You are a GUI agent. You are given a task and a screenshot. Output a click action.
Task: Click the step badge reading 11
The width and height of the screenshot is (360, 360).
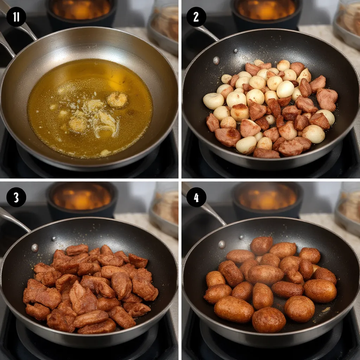pyautogui.click(x=16, y=17)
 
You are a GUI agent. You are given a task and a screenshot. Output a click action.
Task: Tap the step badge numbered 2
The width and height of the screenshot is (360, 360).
pyautogui.click(x=196, y=17)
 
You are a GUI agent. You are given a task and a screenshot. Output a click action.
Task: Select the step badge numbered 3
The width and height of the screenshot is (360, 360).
pyautogui.click(x=16, y=197)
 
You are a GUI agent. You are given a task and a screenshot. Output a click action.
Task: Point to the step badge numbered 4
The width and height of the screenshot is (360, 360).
pyautogui.click(x=196, y=197)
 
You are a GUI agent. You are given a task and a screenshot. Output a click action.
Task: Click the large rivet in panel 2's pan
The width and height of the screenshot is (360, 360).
pyautogui.click(x=216, y=60)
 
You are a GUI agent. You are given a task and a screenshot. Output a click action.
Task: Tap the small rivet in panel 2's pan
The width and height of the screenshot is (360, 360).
pyautogui.click(x=235, y=51)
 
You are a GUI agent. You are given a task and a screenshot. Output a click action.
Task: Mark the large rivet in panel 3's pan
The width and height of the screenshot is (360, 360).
pyautogui.click(x=35, y=248)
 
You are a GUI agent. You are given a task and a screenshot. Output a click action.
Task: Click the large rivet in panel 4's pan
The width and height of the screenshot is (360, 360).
pyautogui.click(x=222, y=245)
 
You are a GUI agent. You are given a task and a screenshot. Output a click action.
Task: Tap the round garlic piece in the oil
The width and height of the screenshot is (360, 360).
pyautogui.click(x=117, y=99)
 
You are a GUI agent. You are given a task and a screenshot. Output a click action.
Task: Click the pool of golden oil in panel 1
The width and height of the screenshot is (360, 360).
pyautogui.click(x=90, y=108)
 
